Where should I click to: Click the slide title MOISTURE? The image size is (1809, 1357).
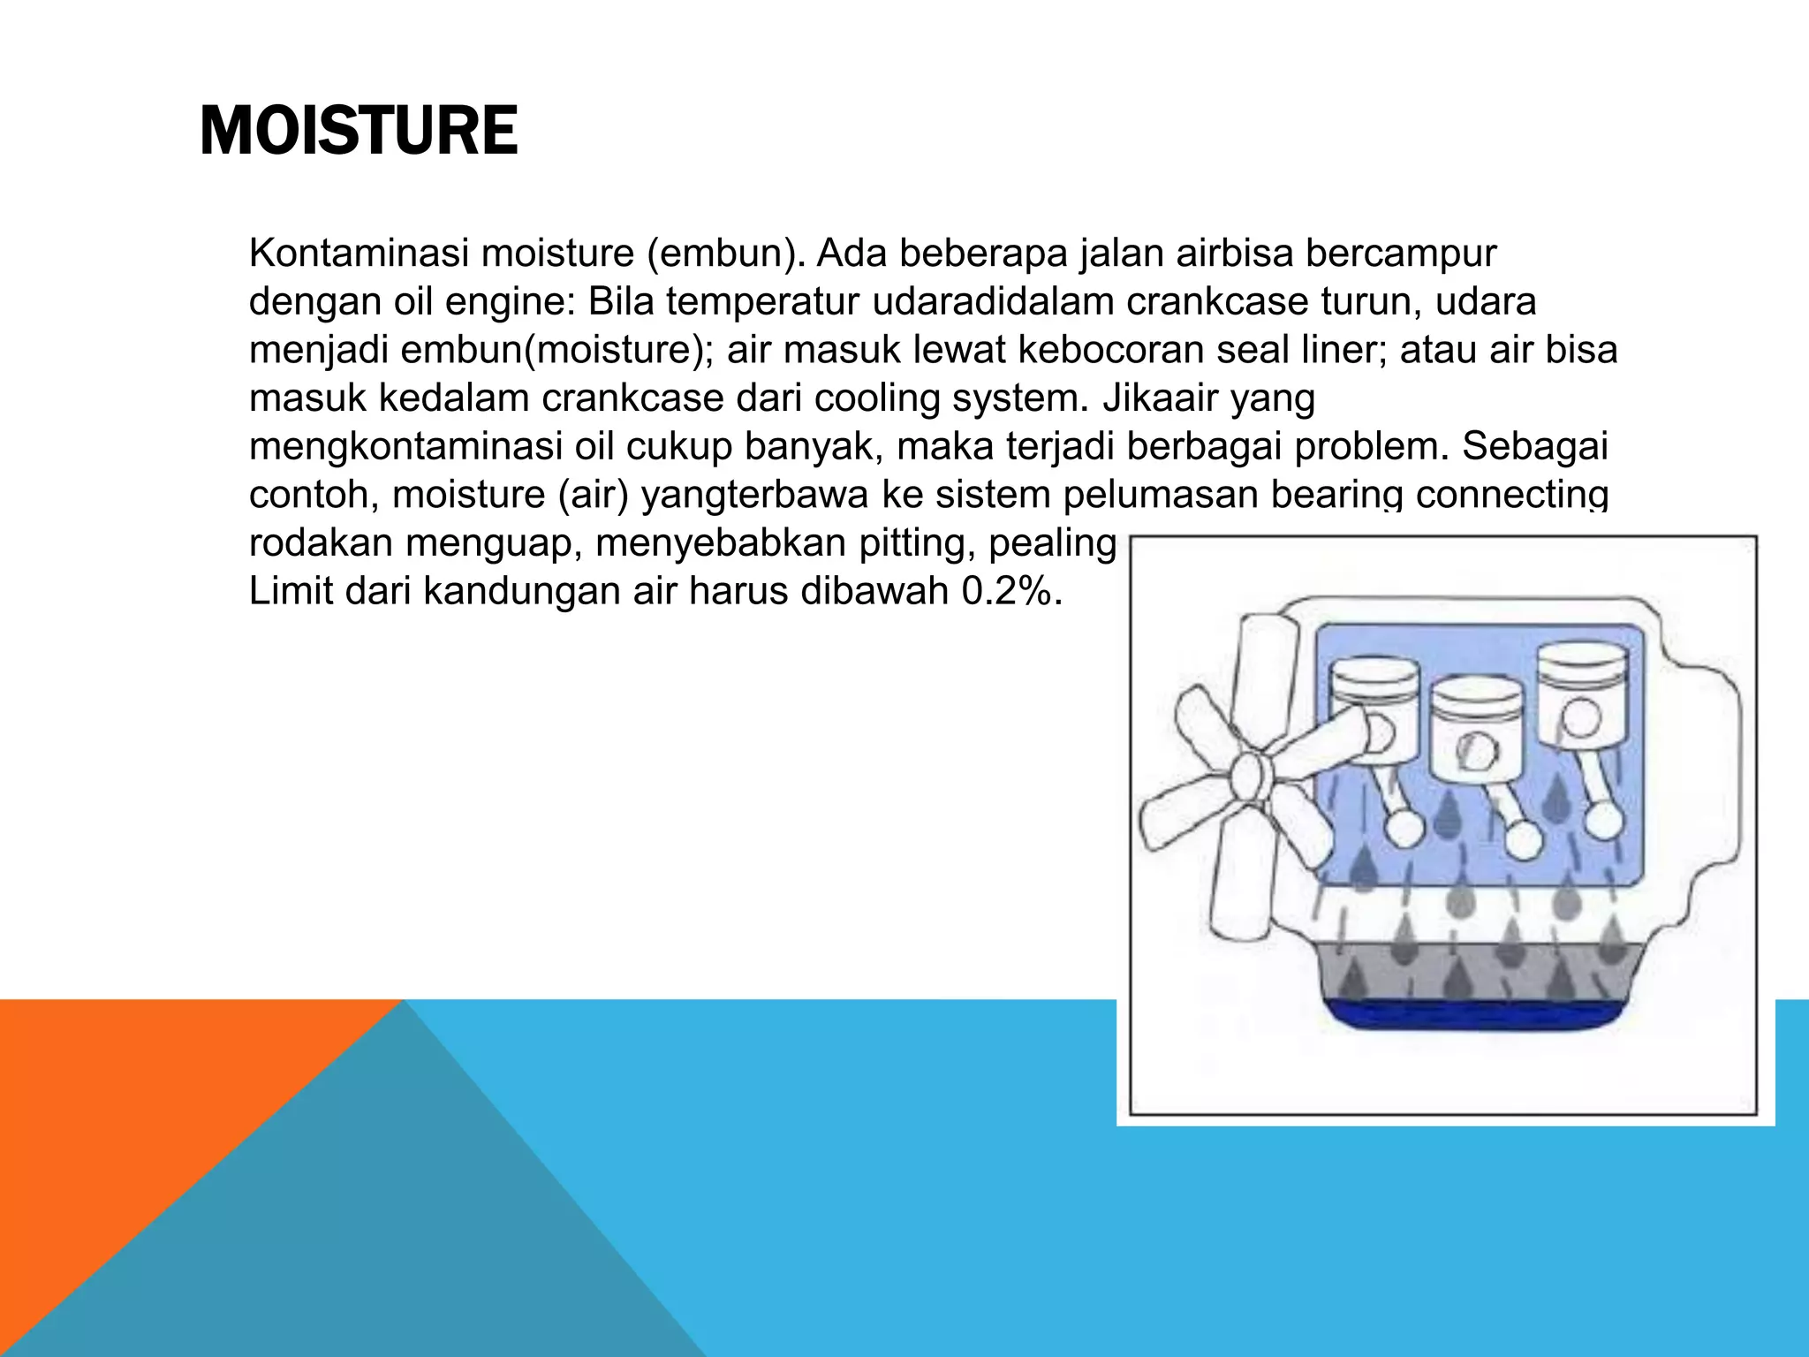click(x=358, y=131)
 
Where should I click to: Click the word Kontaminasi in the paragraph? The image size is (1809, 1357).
click(x=358, y=254)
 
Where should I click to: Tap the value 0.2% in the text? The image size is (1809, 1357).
click(x=1010, y=591)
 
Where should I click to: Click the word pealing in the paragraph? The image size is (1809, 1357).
click(x=1052, y=542)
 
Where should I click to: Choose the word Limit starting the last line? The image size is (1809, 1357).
click(x=291, y=591)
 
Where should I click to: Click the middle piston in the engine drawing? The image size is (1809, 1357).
click(x=1477, y=730)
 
